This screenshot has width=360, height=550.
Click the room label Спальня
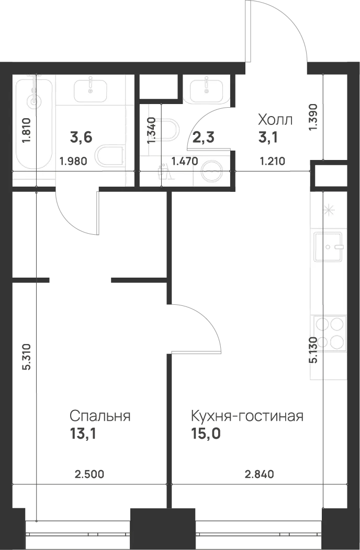point(100,416)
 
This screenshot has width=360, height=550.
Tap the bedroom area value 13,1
point(83,434)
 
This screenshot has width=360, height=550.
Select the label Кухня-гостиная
point(248,416)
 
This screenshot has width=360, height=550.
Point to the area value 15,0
point(206,434)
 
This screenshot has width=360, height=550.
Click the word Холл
point(275,120)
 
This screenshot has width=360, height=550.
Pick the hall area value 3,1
point(268,137)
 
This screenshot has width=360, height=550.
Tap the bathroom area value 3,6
point(81,137)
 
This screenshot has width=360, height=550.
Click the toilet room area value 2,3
point(204,137)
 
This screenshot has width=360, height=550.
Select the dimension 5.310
point(28,357)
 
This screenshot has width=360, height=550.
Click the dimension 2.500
point(89,475)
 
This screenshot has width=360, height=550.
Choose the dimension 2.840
point(259,475)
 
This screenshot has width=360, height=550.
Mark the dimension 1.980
point(73,162)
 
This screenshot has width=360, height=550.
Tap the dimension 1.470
point(185,162)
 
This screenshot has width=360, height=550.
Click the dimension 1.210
point(272,162)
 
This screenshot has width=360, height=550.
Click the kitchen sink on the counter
point(329,247)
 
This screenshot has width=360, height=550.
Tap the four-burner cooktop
point(329,334)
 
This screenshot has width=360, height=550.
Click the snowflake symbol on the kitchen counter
point(329,211)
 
